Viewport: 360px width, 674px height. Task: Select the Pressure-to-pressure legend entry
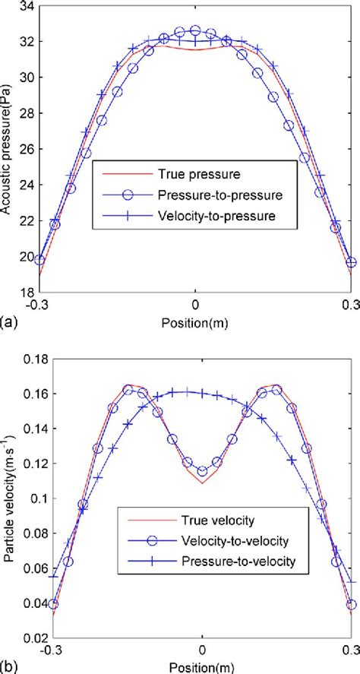(205, 195)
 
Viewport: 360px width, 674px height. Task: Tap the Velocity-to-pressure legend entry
(205, 216)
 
